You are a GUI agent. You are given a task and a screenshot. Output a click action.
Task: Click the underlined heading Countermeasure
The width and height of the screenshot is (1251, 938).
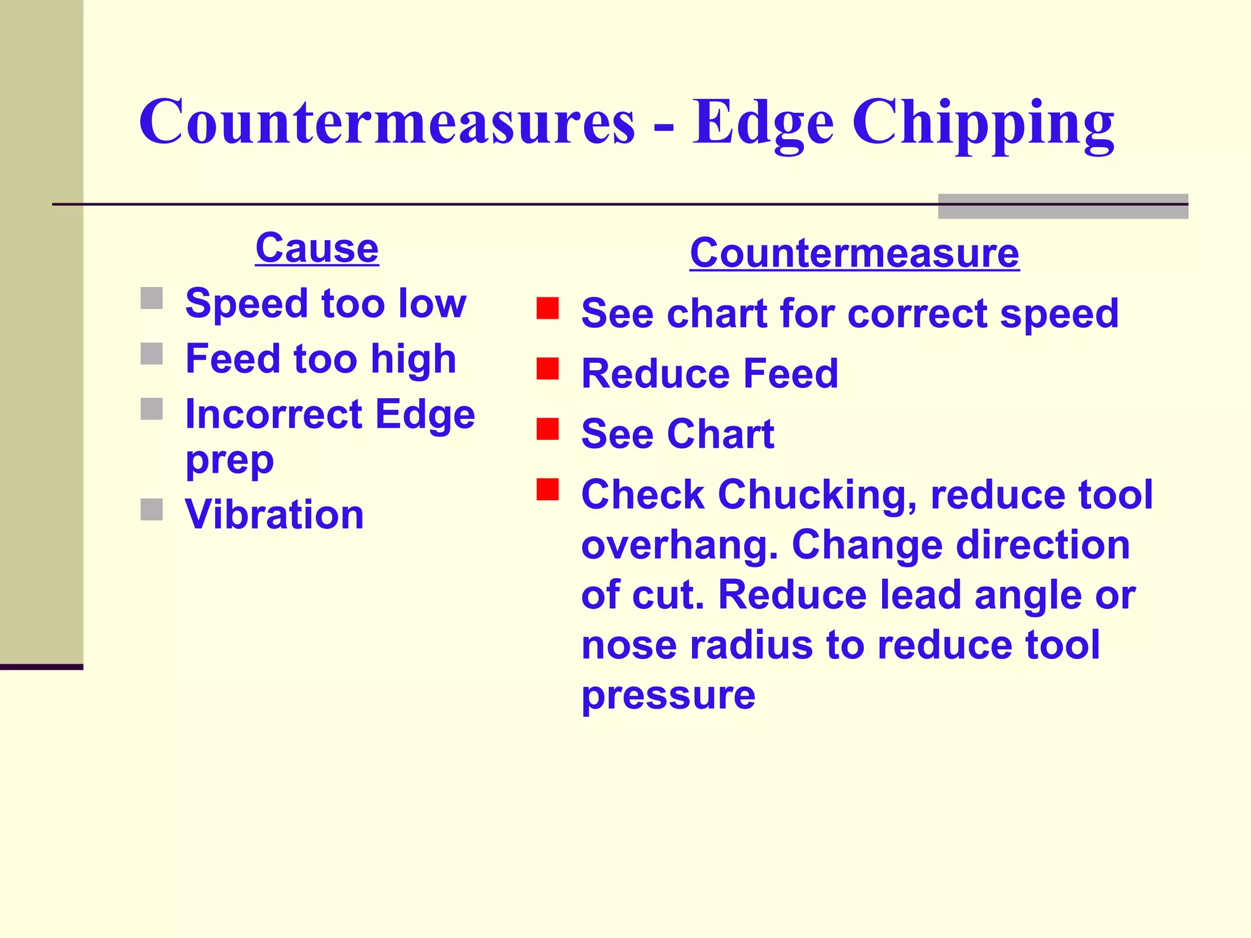[854, 253]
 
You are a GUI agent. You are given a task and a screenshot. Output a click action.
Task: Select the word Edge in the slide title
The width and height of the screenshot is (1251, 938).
[763, 124]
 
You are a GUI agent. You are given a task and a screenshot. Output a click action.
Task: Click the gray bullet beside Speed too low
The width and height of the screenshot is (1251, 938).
[151, 299]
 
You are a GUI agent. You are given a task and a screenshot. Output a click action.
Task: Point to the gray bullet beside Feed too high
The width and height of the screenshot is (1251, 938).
[151, 354]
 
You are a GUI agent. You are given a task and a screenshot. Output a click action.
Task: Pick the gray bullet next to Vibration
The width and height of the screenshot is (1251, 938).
[151, 509]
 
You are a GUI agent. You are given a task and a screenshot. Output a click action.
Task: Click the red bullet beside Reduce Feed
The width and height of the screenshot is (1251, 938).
[547, 369]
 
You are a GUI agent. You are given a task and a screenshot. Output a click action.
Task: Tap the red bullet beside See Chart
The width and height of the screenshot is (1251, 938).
[547, 429]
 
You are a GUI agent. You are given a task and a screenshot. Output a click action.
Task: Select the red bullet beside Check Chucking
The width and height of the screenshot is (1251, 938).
[547, 489]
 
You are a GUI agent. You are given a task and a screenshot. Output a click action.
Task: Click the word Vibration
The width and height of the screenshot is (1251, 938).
[274, 514]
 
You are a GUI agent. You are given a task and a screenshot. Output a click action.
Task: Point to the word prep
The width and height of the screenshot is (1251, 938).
[229, 461]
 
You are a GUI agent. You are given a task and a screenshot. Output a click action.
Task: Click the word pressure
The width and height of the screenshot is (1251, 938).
[668, 696]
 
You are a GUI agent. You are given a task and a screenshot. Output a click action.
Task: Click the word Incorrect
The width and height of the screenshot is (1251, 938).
[274, 415]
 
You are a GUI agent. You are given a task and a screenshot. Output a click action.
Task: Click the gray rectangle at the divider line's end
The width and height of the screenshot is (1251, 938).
[1063, 206]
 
